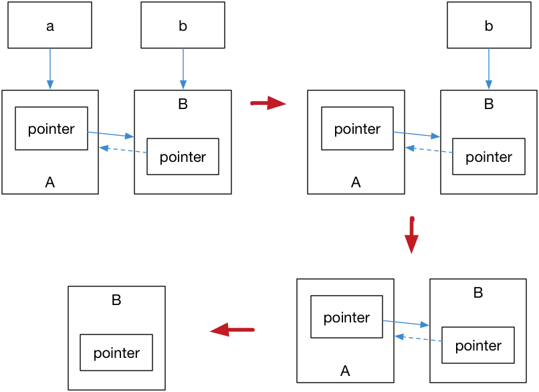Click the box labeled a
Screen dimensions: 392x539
[49, 25]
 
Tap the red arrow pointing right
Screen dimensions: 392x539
[268, 103]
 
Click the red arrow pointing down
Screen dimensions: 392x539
[412, 235]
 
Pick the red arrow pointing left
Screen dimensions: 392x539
[232, 329]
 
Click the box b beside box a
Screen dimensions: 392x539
[183, 25]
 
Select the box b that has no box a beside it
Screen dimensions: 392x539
[488, 25]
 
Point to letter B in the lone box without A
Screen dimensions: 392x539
[116, 300]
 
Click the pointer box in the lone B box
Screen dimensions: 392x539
[116, 353]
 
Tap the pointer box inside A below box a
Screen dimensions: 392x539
[51, 128]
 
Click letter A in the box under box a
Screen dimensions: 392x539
[49, 182]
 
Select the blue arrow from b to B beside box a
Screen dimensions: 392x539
[183, 69]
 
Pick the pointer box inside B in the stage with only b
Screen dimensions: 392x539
[488, 157]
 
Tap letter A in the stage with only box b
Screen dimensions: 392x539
[356, 182]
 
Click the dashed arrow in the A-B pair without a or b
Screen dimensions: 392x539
[418, 338]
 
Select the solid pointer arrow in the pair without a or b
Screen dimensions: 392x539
[406, 323]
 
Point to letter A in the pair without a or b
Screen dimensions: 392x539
[345, 371]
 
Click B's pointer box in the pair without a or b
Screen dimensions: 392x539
[477, 345]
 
